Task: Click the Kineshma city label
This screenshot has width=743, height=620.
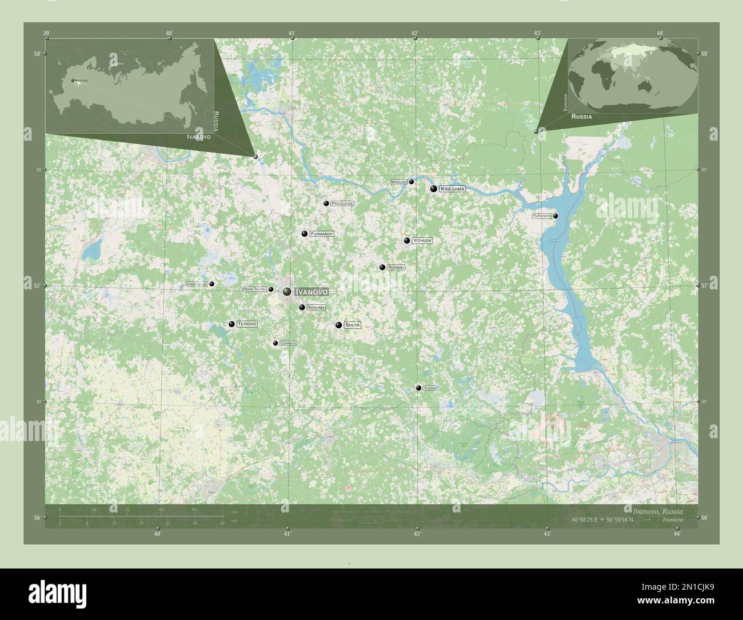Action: [453, 189]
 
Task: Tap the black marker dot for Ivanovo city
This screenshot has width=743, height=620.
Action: [287, 292]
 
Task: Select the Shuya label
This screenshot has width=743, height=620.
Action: [353, 325]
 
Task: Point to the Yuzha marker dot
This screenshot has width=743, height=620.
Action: [419, 388]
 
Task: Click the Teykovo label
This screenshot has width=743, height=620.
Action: [247, 324]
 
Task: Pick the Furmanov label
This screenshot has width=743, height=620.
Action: [322, 234]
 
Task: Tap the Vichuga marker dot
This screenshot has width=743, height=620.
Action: [407, 241]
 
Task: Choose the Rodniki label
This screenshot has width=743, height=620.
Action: [396, 267]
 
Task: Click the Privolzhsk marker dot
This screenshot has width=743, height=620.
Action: [326, 204]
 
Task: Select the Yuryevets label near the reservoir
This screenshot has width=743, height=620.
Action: [541, 216]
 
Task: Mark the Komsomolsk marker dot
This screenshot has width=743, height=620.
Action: [211, 284]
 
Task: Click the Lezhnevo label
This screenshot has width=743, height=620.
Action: [288, 343]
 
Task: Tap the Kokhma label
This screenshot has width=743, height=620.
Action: [316, 308]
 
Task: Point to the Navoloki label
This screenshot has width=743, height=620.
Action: [398, 182]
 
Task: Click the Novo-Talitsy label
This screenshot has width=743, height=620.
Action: [255, 289]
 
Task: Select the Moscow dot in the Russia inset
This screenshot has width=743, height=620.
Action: [73, 81]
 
